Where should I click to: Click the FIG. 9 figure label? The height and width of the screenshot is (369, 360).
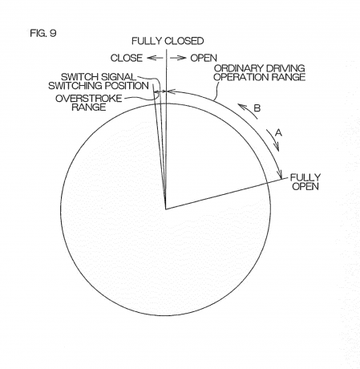click(x=43, y=33)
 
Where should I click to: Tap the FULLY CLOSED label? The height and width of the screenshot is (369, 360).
click(x=168, y=41)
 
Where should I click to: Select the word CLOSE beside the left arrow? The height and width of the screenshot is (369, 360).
click(x=127, y=58)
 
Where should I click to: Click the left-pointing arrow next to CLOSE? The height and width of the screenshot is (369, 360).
click(x=155, y=58)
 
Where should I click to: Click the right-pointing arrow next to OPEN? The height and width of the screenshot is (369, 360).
click(x=178, y=58)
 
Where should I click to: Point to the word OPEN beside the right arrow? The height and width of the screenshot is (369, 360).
click(x=204, y=58)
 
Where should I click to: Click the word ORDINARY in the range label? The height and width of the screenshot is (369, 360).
click(x=235, y=68)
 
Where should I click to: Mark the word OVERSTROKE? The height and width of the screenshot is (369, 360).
click(x=88, y=99)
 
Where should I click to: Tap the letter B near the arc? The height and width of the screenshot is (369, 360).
click(x=257, y=108)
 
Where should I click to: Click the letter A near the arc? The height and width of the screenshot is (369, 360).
click(x=279, y=132)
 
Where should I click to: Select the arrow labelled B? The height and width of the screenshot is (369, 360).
click(x=245, y=110)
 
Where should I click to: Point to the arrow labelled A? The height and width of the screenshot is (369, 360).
click(x=273, y=140)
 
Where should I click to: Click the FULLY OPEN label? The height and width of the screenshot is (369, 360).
click(x=305, y=182)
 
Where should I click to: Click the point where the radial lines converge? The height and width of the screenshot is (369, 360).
click(x=166, y=209)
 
